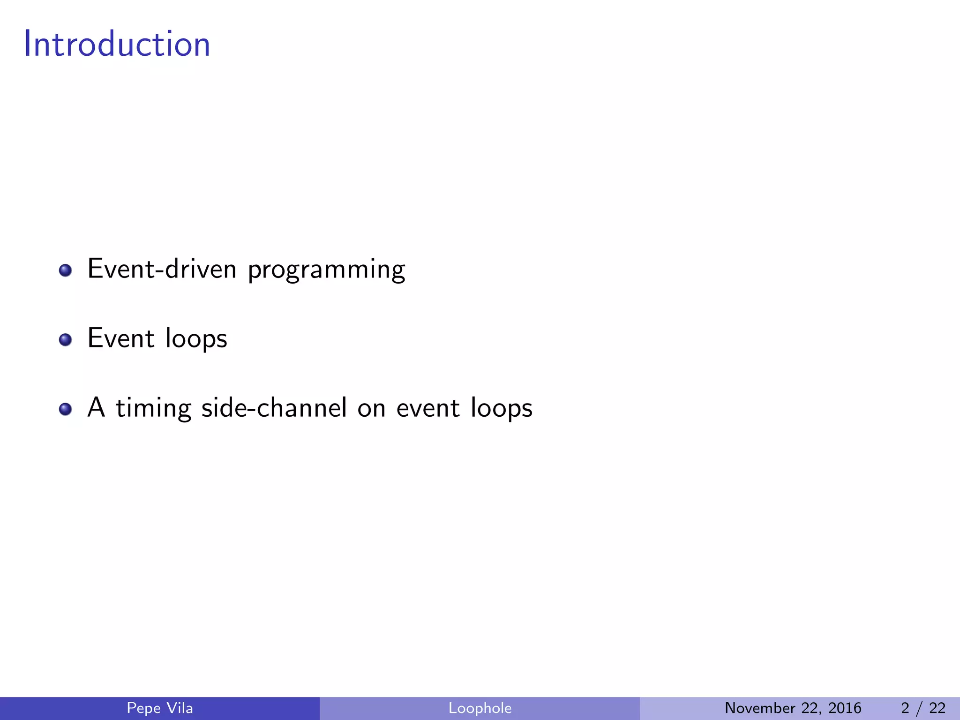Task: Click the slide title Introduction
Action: pyautogui.click(x=117, y=44)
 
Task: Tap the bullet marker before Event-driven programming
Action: pyautogui.click(x=66, y=270)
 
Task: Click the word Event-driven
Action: pyautogui.click(x=162, y=270)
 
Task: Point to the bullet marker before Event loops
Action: pyautogui.click(x=66, y=340)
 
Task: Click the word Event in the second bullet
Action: pyautogui.click(x=121, y=338)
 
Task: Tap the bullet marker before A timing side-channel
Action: pyautogui.click(x=66, y=409)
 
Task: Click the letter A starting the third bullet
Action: pyautogui.click(x=96, y=407)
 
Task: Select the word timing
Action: pyautogui.click(x=154, y=409)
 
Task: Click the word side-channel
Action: pyautogui.click(x=274, y=408)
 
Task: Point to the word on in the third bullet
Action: pyautogui.click(x=371, y=409)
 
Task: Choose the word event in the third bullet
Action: pyautogui.click(x=427, y=408)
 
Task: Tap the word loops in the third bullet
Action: pyautogui.click(x=502, y=409)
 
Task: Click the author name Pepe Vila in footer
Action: pyautogui.click(x=160, y=708)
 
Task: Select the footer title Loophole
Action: pyautogui.click(x=480, y=708)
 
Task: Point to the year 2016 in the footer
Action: pyautogui.click(x=845, y=708)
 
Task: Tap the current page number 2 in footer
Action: pyautogui.click(x=905, y=708)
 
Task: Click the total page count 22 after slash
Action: pyautogui.click(x=937, y=708)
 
